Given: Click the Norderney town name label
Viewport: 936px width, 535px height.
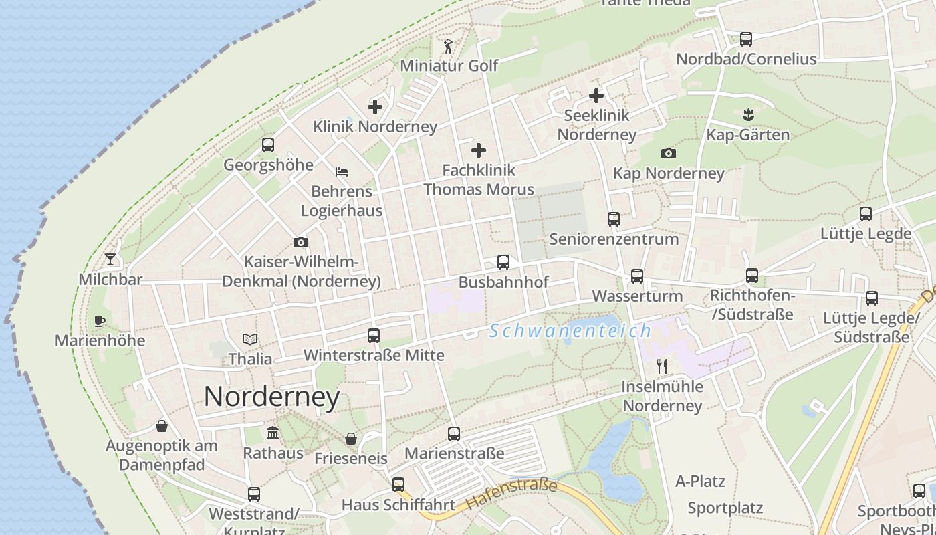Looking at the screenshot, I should click(x=271, y=397).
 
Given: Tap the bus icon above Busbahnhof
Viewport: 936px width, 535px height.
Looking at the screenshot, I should click(x=503, y=262).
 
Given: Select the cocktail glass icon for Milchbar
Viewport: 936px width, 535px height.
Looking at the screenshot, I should click(x=110, y=259).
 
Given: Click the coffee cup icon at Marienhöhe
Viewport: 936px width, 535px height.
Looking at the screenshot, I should click(x=100, y=321).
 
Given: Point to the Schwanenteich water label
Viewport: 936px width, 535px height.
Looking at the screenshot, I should click(x=570, y=330).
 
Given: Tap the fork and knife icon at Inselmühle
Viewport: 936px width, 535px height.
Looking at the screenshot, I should click(x=662, y=366).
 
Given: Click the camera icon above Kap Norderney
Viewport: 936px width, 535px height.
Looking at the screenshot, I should click(x=668, y=154).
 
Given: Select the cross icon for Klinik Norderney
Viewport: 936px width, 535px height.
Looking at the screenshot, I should click(x=375, y=106).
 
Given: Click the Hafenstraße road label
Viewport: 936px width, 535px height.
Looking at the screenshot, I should click(x=511, y=494).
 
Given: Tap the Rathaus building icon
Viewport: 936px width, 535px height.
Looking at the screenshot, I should click(x=273, y=433).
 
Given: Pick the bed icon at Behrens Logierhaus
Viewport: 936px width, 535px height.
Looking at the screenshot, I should click(x=342, y=172).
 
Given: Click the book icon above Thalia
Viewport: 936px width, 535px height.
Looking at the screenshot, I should click(x=250, y=340).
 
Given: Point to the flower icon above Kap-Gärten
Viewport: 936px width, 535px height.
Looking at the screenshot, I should click(x=748, y=115).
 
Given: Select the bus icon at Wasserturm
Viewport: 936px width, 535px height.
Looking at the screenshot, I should click(x=637, y=276).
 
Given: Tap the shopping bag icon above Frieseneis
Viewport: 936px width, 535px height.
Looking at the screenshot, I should click(x=351, y=439).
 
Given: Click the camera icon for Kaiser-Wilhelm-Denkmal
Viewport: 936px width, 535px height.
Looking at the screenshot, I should click(x=301, y=242).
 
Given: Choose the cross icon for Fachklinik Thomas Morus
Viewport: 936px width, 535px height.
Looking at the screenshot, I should click(x=479, y=150).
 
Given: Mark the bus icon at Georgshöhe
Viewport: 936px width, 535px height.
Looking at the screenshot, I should click(x=268, y=144).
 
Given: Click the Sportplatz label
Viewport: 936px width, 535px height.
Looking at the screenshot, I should click(x=725, y=508).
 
